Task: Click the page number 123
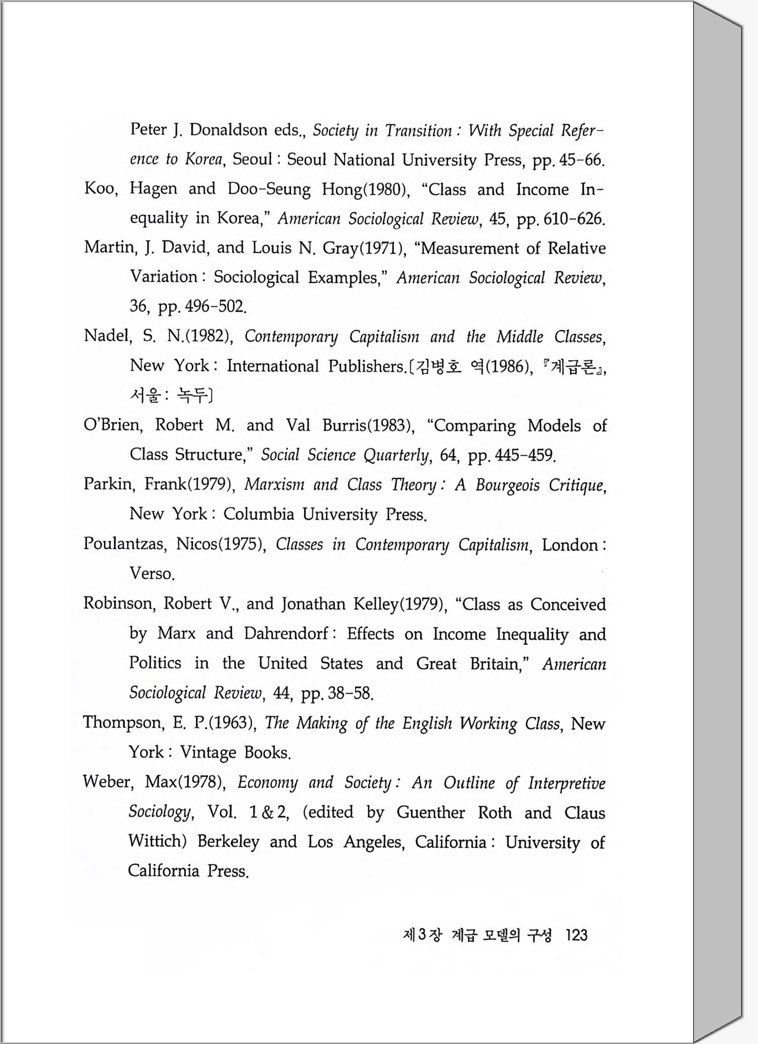576,935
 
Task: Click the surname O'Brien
112,425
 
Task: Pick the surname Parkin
108,484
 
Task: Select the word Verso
151,573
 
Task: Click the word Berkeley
228,841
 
